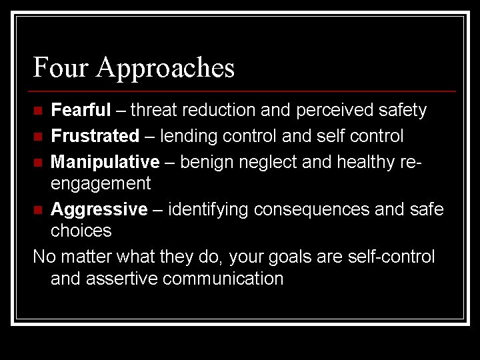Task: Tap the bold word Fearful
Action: [81, 109]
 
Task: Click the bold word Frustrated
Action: [95, 136]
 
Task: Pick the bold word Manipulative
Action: [105, 163]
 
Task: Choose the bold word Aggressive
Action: [99, 209]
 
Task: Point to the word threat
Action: [155, 109]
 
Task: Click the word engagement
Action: [101, 183]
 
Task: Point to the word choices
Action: [81, 231]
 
